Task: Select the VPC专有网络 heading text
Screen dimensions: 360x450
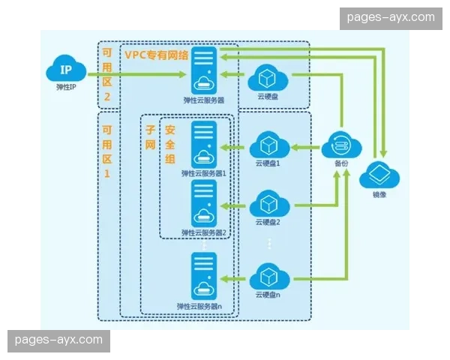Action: pyautogui.click(x=157, y=55)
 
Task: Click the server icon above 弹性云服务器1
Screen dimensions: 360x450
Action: pyautogui.click(x=203, y=144)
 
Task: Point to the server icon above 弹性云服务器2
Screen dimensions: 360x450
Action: pyautogui.click(x=203, y=202)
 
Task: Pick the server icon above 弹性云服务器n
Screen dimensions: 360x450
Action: pyautogui.click(x=203, y=276)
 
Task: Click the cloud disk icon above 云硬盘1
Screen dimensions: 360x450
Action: pyautogui.click(x=268, y=144)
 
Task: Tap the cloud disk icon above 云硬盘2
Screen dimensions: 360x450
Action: pyautogui.click(x=268, y=202)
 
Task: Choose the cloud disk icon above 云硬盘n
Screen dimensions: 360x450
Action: pyautogui.click(x=268, y=276)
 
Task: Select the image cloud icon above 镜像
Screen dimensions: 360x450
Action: pyautogui.click(x=379, y=176)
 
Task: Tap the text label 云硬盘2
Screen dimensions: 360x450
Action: pyautogui.click(x=268, y=222)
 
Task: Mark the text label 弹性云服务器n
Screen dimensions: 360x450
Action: pyautogui.click(x=204, y=306)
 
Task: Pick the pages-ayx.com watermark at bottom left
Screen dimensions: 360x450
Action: pyautogui.click(x=58, y=340)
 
